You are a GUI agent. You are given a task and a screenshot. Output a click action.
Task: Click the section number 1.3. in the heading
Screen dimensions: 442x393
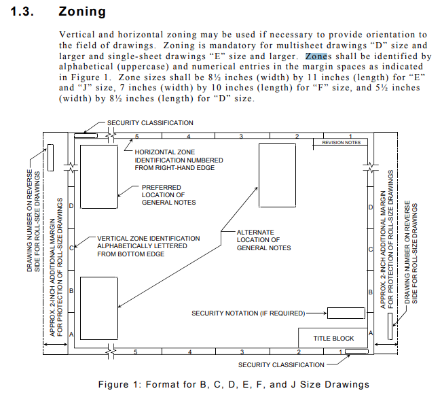[22, 12]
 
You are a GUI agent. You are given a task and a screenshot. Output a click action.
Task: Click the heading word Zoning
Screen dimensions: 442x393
[82, 12]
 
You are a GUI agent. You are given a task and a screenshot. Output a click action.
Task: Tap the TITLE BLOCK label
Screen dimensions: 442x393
[333, 338]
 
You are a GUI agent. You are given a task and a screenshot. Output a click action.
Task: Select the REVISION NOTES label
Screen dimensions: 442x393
[341, 143]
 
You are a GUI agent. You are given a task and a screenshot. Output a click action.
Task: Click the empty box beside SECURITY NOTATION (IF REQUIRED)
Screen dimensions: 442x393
[346, 313]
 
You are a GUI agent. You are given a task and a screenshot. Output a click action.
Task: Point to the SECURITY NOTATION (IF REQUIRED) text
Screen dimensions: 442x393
[248, 313]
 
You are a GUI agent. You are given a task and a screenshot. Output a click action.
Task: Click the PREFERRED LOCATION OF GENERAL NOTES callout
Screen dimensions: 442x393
[168, 195]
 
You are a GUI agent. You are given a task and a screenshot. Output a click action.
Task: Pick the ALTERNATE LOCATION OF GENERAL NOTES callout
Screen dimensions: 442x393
[263, 240]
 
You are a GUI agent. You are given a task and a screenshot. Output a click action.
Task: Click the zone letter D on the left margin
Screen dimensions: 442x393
[71, 206]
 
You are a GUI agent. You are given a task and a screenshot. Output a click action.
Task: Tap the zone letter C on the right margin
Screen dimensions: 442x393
[371, 250]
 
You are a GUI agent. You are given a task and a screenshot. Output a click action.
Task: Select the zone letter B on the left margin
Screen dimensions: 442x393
[71, 291]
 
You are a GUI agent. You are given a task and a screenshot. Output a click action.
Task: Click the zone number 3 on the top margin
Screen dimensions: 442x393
[241, 137]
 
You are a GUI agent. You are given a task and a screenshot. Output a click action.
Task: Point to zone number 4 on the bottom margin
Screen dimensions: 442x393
[189, 352]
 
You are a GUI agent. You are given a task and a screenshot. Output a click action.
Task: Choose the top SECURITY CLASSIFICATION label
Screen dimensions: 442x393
[150, 123]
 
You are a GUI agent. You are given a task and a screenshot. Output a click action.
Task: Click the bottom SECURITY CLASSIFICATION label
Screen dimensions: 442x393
[281, 365]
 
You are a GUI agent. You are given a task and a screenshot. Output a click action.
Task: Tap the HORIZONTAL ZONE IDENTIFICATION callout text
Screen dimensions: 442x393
[179, 160]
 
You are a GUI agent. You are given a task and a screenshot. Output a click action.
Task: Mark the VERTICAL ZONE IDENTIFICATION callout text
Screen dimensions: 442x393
[148, 246]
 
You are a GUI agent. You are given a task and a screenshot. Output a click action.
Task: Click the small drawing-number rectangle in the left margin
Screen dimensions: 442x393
[50, 158]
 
